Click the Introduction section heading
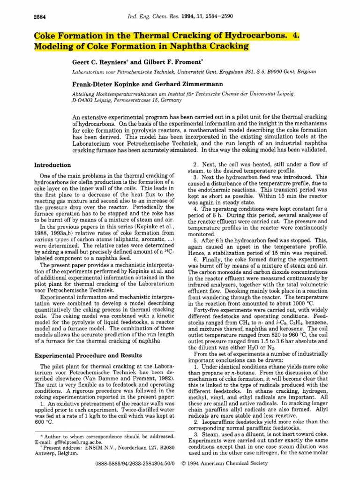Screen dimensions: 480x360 (x=53, y=165)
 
